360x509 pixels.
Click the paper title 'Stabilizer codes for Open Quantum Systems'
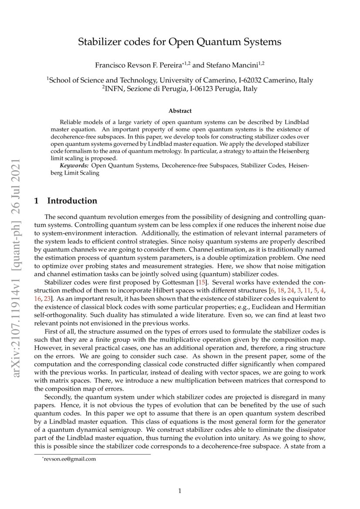click(x=179, y=42)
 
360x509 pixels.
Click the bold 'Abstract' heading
click(x=180, y=111)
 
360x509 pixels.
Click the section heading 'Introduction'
click(x=72, y=201)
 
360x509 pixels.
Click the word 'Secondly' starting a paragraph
click(x=58, y=397)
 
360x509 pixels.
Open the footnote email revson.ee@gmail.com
click(x=70, y=458)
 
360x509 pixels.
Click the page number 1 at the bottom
click(x=180, y=491)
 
